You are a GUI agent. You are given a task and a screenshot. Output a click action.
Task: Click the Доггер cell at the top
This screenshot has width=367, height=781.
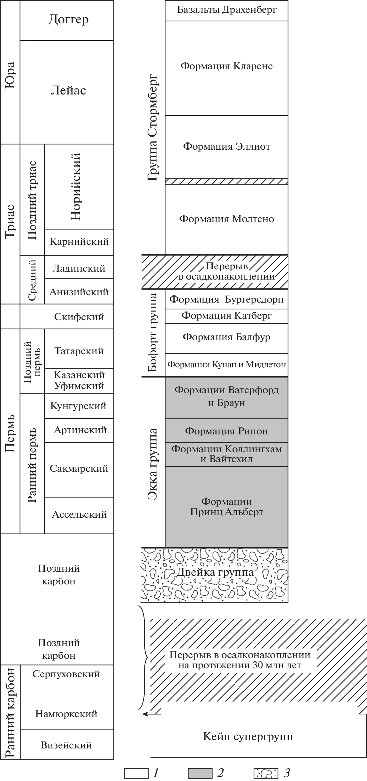(x=68, y=20)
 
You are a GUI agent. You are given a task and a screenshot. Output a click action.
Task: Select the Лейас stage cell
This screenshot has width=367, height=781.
(x=68, y=91)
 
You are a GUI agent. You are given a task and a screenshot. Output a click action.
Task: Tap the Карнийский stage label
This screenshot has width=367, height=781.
(x=79, y=242)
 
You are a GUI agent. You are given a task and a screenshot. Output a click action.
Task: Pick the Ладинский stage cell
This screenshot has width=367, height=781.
(x=79, y=268)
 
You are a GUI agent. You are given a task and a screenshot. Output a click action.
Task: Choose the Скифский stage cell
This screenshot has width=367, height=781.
(x=79, y=317)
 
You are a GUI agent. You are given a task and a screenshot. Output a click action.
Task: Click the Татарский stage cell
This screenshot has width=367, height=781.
(x=79, y=351)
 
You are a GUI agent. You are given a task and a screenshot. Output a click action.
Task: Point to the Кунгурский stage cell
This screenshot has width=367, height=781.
(x=79, y=406)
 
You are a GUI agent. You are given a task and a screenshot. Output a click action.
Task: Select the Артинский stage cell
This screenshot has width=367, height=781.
(x=80, y=430)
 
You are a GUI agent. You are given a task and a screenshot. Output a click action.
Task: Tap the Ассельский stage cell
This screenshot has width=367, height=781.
(x=79, y=514)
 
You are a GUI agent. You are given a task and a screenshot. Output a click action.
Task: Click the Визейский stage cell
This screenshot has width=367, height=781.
(x=66, y=745)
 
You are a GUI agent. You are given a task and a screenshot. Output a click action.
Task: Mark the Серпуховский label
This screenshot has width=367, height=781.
(x=66, y=674)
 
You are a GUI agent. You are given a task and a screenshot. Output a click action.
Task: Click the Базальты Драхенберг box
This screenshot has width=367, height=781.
(x=227, y=10)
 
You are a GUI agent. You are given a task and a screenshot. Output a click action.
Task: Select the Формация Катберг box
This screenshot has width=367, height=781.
(x=227, y=316)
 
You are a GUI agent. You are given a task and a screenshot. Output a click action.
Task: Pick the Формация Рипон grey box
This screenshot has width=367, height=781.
(x=227, y=431)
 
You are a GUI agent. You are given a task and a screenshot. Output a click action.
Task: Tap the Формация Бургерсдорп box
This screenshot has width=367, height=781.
(x=227, y=299)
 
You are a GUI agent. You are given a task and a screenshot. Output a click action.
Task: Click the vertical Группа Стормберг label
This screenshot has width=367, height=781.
(x=153, y=128)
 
